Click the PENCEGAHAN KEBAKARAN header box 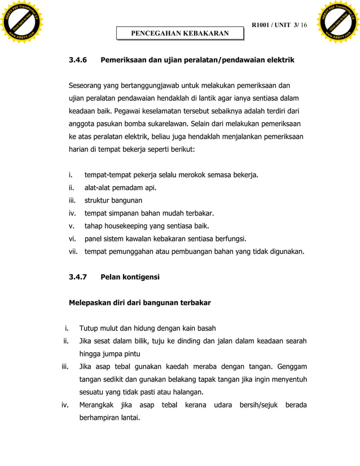(180, 33)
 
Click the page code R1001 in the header (264, 25)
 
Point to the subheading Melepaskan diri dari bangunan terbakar (139, 303)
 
